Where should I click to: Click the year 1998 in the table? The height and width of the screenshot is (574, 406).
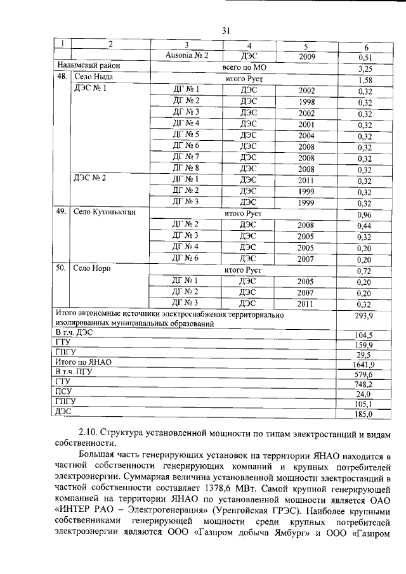(x=306, y=101)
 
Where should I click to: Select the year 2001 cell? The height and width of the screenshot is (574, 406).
(x=306, y=124)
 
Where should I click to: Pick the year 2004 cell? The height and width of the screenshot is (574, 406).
(x=306, y=136)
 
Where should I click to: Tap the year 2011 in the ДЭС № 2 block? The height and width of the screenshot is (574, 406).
(x=306, y=181)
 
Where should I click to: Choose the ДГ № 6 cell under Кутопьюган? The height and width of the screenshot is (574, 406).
(x=187, y=259)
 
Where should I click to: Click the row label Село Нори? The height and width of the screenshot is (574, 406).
(x=93, y=270)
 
